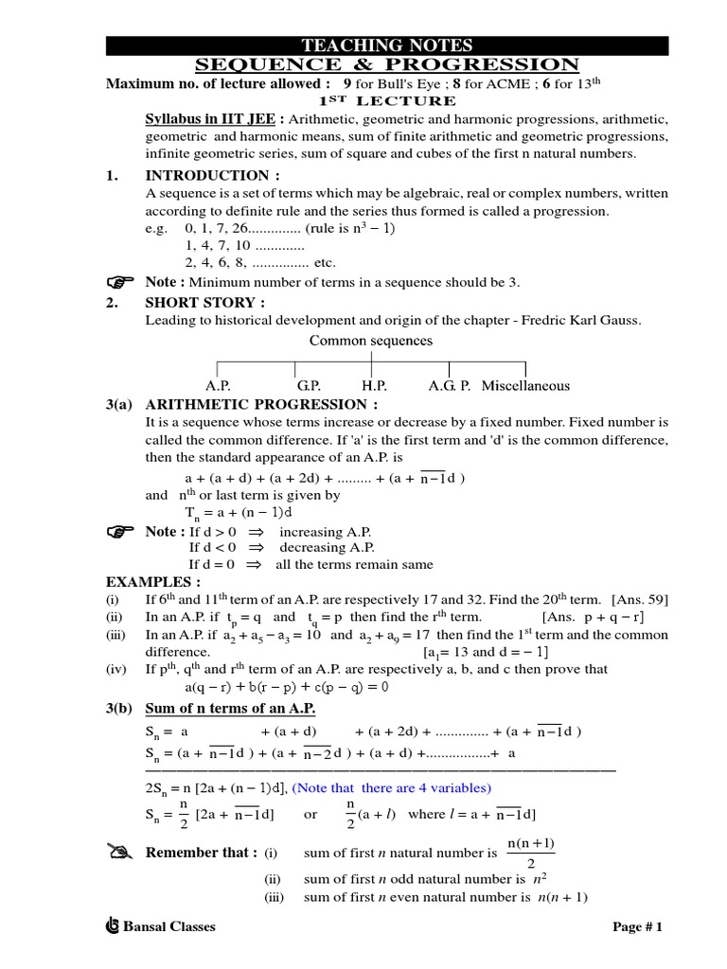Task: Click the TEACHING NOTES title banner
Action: (x=386, y=45)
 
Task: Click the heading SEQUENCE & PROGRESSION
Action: (x=386, y=64)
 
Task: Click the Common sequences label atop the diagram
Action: (x=371, y=341)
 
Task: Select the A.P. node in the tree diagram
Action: (x=218, y=386)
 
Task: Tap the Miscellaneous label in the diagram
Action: (x=525, y=386)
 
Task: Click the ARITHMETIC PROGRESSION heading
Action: (x=261, y=404)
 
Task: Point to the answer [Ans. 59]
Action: (x=641, y=599)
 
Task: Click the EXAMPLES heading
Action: (x=152, y=581)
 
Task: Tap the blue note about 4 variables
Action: (x=391, y=787)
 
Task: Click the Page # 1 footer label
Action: (x=638, y=926)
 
